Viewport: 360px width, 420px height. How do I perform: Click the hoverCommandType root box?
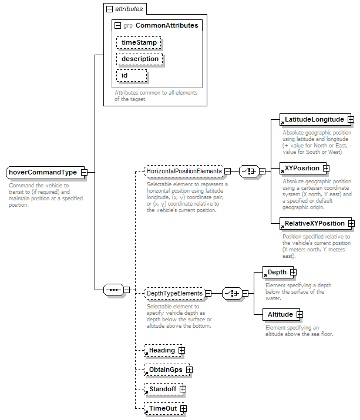(x=45, y=172)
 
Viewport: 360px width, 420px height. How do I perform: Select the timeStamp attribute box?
(x=139, y=43)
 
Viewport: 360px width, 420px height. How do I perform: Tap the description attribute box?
(x=140, y=59)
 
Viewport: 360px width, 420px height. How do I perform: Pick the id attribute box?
(x=132, y=76)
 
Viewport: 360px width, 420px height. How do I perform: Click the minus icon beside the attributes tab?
(x=109, y=9)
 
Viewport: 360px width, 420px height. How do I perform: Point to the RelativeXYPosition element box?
(x=315, y=223)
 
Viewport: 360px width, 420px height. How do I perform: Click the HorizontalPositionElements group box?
(x=184, y=171)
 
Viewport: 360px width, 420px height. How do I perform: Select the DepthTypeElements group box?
(x=174, y=293)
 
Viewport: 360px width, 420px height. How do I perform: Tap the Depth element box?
(x=278, y=272)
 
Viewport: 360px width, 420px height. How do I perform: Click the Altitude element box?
(x=281, y=314)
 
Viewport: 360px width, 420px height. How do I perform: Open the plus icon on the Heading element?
(x=181, y=350)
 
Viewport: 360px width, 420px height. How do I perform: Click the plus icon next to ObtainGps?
(x=189, y=369)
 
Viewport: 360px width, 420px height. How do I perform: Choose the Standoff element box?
(x=164, y=389)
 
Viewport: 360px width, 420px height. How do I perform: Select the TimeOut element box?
(x=164, y=408)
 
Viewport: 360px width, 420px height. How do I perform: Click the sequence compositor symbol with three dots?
(x=113, y=290)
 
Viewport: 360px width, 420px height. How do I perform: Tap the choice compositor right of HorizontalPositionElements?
(x=249, y=171)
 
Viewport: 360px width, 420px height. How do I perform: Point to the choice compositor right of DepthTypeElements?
(x=232, y=293)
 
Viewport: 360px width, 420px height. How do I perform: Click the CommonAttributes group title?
(x=167, y=25)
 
